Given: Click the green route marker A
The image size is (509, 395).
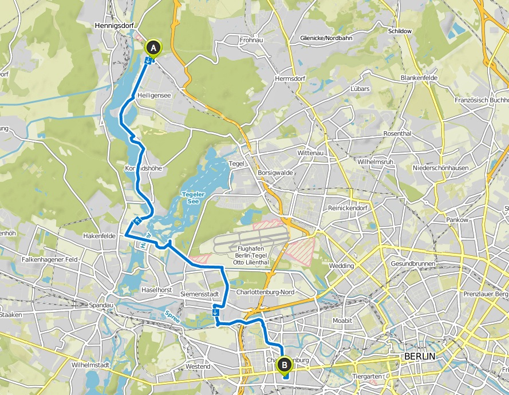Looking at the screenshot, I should point(153,48).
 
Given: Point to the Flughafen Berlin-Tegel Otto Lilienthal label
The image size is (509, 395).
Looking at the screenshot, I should point(253,256).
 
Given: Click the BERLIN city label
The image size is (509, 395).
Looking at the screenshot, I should point(420,356).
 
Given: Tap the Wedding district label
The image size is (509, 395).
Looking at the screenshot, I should point(342,266).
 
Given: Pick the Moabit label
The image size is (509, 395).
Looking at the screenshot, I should point(342,321).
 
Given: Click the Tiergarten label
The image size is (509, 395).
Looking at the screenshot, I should point(366,377).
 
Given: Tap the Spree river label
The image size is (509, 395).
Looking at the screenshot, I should point(171,317).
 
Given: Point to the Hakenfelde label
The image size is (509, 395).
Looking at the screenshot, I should point(100,236).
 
